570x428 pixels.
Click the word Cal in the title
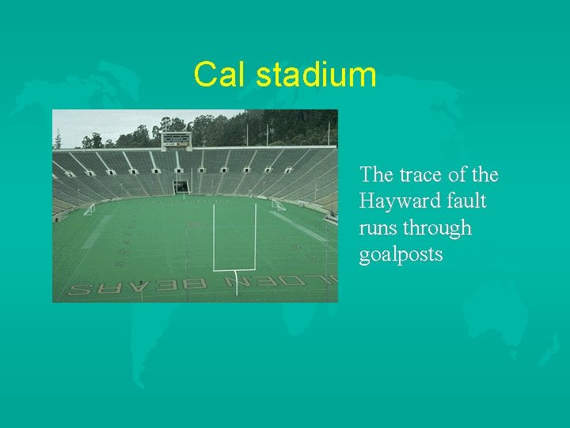click(x=215, y=75)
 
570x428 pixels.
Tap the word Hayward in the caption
click(x=399, y=201)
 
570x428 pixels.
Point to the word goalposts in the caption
click(x=401, y=255)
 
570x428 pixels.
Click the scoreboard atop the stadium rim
click(x=176, y=141)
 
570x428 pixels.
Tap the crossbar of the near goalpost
click(x=234, y=269)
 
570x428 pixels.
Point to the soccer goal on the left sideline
click(x=89, y=208)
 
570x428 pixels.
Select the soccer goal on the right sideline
click(x=278, y=204)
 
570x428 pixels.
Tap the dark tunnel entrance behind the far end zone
click(x=182, y=187)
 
